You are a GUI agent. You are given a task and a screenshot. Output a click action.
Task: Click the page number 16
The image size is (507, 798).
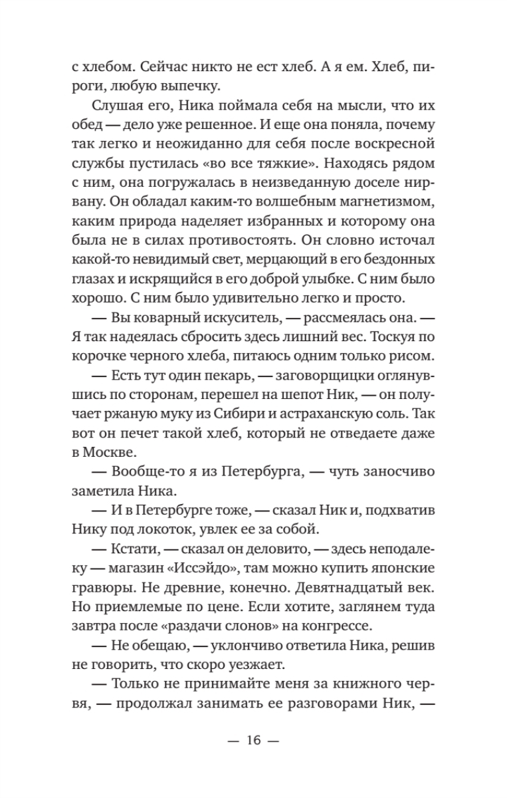pyautogui.click(x=253, y=740)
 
